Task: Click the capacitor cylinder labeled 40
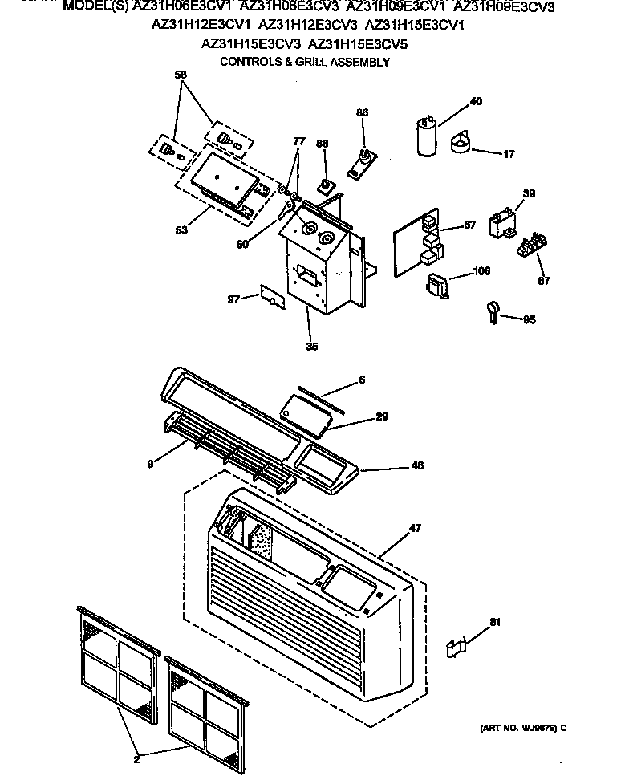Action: [x=426, y=138]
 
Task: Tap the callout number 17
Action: [x=509, y=153]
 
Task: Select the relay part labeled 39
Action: [x=501, y=222]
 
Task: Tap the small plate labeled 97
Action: [x=272, y=296]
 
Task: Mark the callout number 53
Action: [x=181, y=230]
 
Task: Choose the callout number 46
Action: [x=417, y=465]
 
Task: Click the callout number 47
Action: [x=415, y=527]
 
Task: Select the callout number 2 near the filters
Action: [x=136, y=758]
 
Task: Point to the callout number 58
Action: [x=180, y=75]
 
